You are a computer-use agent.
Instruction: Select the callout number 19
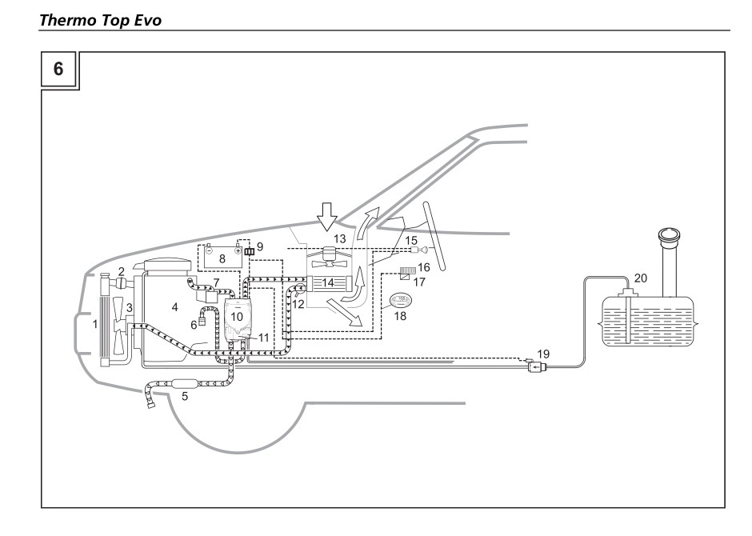[544, 353]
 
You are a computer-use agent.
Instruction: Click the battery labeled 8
[222, 258]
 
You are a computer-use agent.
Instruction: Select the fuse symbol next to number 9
[249, 252]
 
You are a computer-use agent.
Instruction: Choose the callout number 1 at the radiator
[95, 326]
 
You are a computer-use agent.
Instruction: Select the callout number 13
[339, 239]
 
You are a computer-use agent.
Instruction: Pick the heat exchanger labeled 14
[329, 282]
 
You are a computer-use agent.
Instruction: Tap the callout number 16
[424, 266]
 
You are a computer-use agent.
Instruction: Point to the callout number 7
[216, 283]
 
